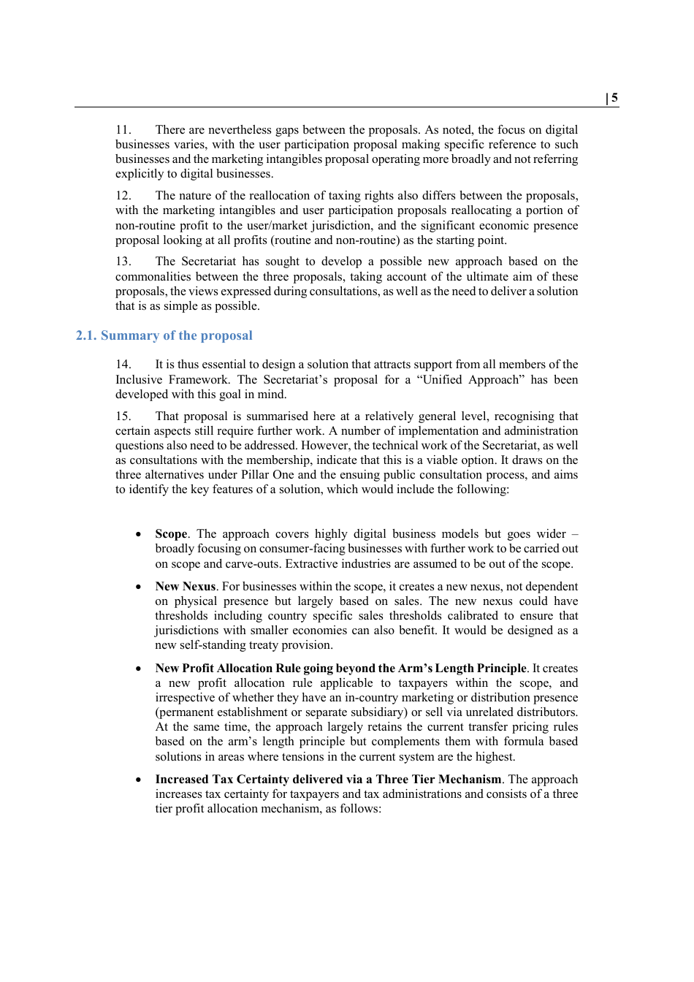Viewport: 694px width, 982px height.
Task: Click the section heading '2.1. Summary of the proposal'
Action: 164,335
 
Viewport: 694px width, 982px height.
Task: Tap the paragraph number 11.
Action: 123,130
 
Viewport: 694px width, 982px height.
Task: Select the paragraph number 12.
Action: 123,196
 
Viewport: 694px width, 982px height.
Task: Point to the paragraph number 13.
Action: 123,262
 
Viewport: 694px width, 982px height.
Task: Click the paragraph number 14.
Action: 123,365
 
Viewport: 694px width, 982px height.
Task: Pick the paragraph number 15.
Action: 123,416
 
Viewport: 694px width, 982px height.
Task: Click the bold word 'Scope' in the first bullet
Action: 171,534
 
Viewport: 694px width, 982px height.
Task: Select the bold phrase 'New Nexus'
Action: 185,587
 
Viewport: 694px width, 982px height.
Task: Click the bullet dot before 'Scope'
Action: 138,535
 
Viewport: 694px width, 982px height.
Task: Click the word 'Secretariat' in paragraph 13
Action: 208,262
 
